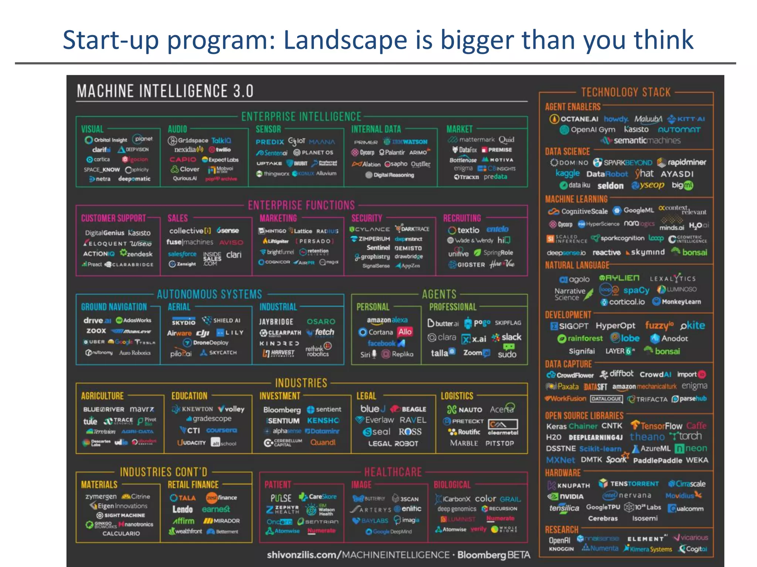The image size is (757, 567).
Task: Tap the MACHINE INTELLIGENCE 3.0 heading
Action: (x=165, y=91)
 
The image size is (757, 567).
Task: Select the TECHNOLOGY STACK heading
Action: (x=625, y=92)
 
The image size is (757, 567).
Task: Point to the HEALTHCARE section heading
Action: (x=393, y=472)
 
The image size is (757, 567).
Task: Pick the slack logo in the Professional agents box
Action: (x=507, y=337)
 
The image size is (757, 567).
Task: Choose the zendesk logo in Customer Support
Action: (x=136, y=254)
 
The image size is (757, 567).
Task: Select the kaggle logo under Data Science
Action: (x=568, y=173)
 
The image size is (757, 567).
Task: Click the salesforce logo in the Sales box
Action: (x=182, y=254)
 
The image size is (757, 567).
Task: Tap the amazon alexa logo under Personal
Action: (x=387, y=320)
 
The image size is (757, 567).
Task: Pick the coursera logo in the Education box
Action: (x=221, y=430)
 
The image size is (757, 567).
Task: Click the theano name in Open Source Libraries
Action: (x=647, y=437)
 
